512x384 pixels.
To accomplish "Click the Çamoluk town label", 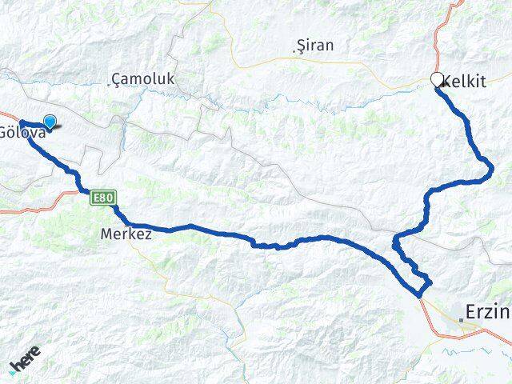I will [x=145, y=78].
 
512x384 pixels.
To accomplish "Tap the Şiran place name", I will [x=315, y=46].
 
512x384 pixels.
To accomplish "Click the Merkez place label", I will [x=126, y=235].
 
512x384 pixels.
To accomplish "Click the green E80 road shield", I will [x=102, y=197].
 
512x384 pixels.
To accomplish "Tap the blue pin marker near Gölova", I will [x=50, y=122].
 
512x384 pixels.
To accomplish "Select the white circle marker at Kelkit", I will [x=437, y=79].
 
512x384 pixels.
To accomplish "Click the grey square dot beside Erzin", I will [x=462, y=320].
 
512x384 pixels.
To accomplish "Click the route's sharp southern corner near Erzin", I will [x=421, y=296].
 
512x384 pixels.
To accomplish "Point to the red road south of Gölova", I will [x=32, y=210].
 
